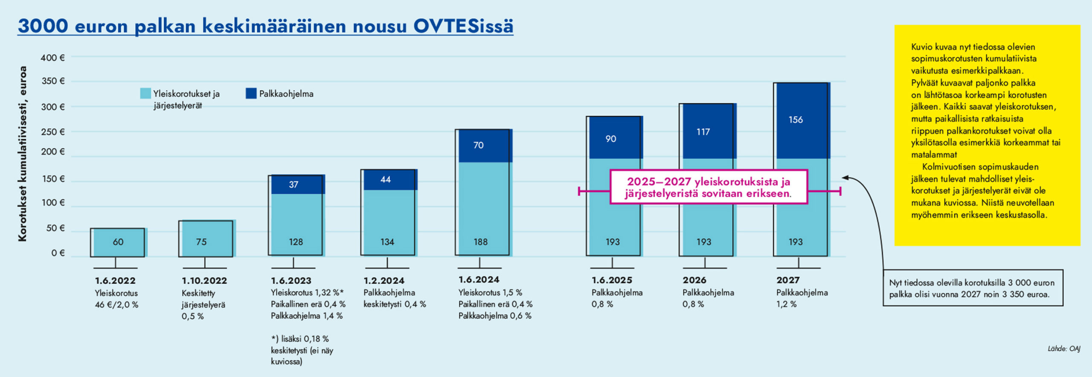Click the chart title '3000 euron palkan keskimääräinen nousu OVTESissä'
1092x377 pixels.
point(265,26)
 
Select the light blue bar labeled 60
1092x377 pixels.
point(119,242)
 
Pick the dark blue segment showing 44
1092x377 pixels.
point(389,180)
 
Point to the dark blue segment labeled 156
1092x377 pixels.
point(802,120)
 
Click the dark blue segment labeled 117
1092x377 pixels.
point(708,132)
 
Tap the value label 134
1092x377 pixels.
point(387,242)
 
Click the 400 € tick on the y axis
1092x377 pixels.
point(52,58)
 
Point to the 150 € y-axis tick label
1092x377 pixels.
point(52,179)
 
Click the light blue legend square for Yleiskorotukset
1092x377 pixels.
point(145,94)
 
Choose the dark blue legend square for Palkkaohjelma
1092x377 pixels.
point(251,94)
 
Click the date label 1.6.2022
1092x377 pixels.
point(115,281)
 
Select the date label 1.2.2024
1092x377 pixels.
point(384,281)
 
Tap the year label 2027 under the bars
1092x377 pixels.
point(788,280)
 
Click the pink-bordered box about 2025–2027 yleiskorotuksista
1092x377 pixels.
point(709,187)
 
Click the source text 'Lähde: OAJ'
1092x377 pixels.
point(1064,349)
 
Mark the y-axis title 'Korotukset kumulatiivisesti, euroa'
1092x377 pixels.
point(23,154)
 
